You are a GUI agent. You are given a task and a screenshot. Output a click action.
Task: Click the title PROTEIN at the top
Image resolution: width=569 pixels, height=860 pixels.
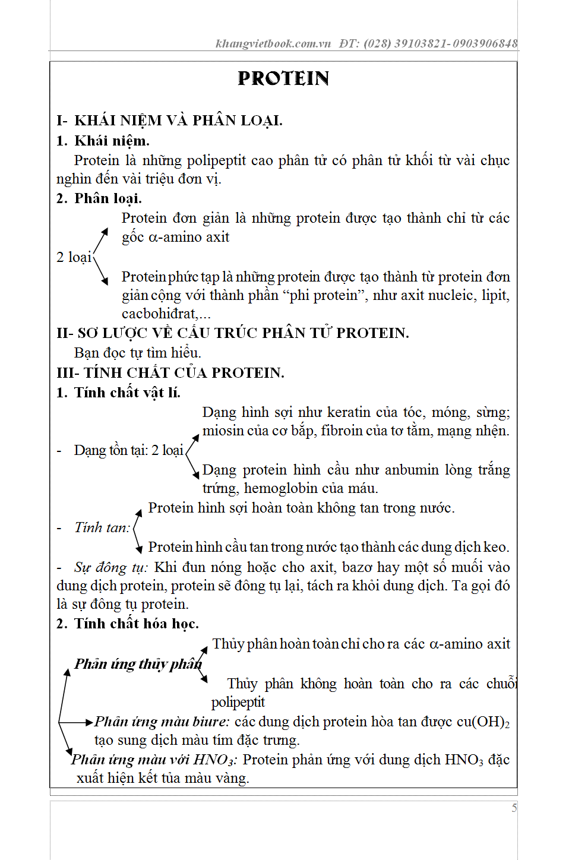click(283, 78)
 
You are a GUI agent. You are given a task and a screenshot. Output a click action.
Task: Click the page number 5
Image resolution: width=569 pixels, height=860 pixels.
click(514, 808)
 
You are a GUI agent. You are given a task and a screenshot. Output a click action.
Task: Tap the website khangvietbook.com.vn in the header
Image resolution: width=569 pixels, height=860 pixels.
click(273, 43)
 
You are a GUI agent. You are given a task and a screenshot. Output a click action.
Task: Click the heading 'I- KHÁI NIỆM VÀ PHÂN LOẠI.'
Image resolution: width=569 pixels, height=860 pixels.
click(170, 121)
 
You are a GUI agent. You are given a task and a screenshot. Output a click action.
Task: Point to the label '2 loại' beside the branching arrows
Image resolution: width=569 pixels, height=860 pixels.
click(74, 257)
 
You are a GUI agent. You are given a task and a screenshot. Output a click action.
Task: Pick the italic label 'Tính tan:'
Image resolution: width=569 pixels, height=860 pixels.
click(102, 527)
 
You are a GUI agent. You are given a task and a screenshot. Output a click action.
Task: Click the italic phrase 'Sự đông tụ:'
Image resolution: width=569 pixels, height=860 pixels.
click(110, 567)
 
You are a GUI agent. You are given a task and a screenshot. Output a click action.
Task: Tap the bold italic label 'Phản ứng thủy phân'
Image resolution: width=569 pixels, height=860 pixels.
click(138, 663)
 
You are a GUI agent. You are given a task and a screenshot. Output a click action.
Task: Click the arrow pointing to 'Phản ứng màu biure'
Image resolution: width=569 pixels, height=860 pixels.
click(77, 722)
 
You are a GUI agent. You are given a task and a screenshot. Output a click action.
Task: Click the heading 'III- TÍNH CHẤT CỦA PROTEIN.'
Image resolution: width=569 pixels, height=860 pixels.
click(170, 373)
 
